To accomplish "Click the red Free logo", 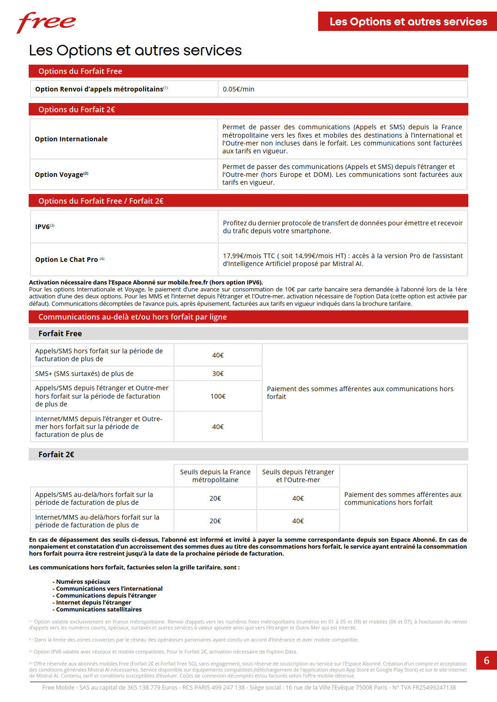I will (x=46, y=22).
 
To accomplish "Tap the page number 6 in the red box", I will (x=486, y=660).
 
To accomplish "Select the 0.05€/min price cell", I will (x=239, y=89).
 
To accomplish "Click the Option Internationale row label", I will (x=71, y=139).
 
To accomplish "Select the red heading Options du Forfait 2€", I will (x=77, y=109).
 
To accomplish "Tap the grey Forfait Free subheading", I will (x=60, y=333).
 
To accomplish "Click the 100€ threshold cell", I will (x=218, y=396).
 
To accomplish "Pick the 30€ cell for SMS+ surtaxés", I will (x=218, y=374).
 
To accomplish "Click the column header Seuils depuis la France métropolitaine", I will (x=215, y=476).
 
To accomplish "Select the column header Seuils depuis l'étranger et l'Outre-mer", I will (x=298, y=476).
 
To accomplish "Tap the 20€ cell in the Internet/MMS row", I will (x=215, y=521).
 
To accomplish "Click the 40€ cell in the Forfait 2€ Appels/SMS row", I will (x=298, y=498).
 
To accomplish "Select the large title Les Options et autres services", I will (x=135, y=50).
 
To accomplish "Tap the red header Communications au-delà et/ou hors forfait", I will (x=132, y=317).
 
